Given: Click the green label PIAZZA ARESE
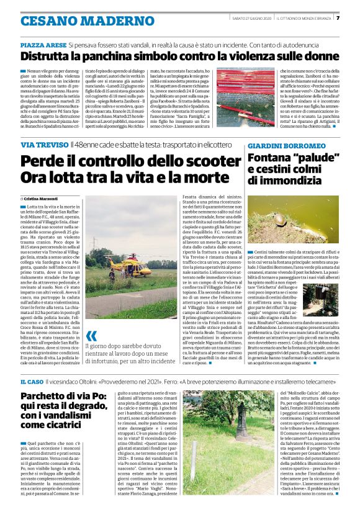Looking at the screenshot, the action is point(43,45).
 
